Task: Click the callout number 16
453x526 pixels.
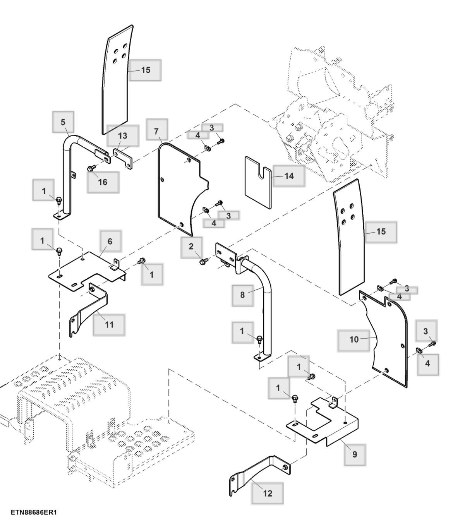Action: tap(103, 182)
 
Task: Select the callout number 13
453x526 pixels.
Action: tap(123, 136)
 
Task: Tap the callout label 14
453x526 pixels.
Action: tap(289, 176)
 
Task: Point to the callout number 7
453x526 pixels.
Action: tap(156, 131)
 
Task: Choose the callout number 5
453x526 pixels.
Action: tap(63, 122)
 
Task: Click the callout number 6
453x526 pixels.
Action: tap(110, 241)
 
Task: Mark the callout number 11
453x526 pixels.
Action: tap(109, 324)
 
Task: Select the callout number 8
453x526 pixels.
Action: tap(242, 295)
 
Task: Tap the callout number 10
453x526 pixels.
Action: tap(354, 339)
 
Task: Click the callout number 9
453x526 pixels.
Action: tap(355, 454)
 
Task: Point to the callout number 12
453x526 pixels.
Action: tap(267, 493)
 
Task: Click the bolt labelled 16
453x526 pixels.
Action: tap(92, 168)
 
